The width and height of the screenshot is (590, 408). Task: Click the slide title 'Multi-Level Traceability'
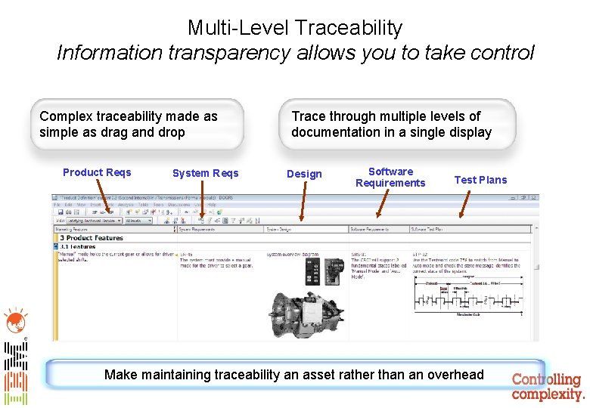(x=295, y=28)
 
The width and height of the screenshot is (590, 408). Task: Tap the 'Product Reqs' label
(x=97, y=172)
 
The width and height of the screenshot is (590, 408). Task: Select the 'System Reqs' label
(x=205, y=173)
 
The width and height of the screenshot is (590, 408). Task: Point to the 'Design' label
(x=304, y=174)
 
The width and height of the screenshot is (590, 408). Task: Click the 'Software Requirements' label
(x=390, y=177)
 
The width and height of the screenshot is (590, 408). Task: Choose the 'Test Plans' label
(x=480, y=180)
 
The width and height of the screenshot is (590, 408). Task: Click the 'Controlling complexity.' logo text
(x=547, y=387)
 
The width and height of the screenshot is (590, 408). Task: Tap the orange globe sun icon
(x=14, y=320)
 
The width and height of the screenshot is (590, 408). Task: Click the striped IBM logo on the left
(x=15, y=374)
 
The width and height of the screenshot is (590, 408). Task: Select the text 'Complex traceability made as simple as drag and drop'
(x=129, y=124)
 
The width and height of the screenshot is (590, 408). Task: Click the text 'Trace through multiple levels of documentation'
(x=391, y=124)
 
